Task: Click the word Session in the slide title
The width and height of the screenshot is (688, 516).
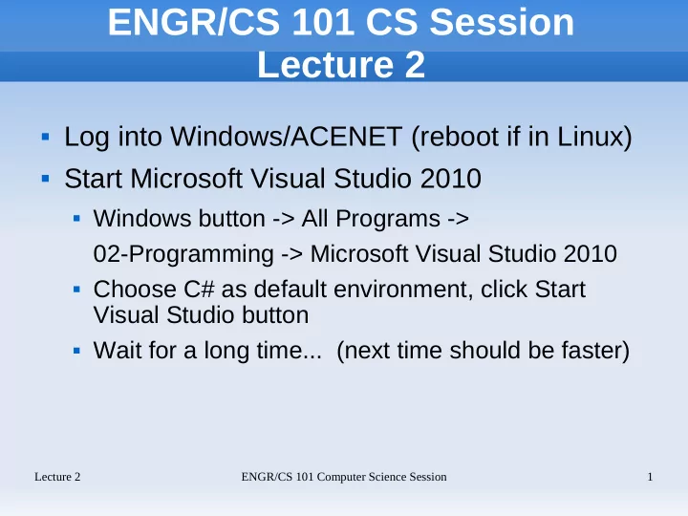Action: pos(502,22)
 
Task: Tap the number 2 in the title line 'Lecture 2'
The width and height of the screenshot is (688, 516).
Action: pos(415,65)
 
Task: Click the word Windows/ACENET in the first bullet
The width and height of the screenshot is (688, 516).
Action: pos(286,136)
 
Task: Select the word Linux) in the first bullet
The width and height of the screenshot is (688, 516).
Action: pos(594,137)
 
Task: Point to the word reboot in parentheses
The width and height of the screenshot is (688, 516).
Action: pos(455,137)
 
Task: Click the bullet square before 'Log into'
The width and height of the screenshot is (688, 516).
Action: pos(45,137)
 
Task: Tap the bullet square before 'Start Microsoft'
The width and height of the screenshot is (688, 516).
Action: pos(45,179)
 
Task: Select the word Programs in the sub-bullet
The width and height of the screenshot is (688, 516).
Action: pos(388,219)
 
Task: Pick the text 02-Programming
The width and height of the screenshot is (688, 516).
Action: pos(183,254)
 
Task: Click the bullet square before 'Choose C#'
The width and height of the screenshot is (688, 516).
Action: pos(76,290)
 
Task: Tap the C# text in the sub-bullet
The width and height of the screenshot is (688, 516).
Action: pos(199,290)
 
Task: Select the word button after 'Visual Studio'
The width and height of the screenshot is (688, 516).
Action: pos(275,314)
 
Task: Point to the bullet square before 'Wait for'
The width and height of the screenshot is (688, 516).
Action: pos(76,351)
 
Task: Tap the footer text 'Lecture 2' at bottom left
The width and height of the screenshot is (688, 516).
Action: pos(57,477)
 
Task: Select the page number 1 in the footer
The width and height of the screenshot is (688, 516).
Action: pos(651,477)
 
